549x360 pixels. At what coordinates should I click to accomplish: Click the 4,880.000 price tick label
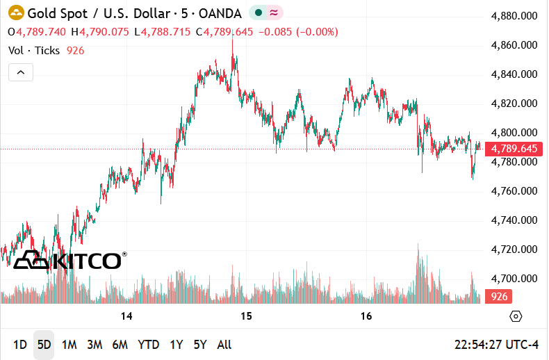click(514, 16)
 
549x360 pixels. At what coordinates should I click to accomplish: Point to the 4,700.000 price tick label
click(514, 278)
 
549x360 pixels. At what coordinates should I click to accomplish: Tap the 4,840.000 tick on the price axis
click(514, 74)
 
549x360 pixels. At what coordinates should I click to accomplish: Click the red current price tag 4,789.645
click(514, 149)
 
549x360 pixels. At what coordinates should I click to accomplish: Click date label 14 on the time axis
click(126, 317)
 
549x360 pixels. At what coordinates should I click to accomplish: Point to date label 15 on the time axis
click(246, 317)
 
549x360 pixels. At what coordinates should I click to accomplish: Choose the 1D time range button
click(20, 345)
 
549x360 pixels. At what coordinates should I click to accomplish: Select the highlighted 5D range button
click(44, 345)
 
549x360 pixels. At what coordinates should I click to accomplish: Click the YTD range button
click(148, 345)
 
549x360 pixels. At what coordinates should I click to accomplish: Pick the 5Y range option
click(200, 345)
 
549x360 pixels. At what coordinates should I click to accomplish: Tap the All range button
click(224, 345)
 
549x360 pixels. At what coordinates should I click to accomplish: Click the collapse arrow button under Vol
click(21, 72)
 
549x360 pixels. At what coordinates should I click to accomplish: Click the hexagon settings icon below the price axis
click(516, 317)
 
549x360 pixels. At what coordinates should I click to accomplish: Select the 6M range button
click(120, 345)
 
